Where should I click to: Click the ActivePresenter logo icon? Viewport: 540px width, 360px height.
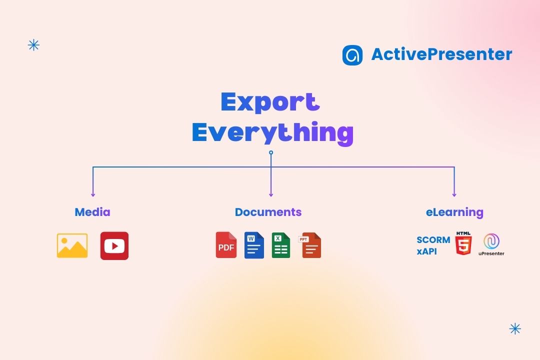pyautogui.click(x=352, y=55)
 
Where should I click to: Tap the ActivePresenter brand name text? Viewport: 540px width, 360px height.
pyautogui.click(x=441, y=54)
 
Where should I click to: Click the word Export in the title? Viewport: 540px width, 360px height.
pyautogui.click(x=270, y=102)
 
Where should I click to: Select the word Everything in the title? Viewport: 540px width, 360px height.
pyautogui.click(x=272, y=132)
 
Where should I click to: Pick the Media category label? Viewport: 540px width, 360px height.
pyautogui.click(x=92, y=212)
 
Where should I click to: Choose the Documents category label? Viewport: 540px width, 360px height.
pyautogui.click(x=268, y=212)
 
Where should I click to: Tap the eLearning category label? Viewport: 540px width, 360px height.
pyautogui.click(x=454, y=212)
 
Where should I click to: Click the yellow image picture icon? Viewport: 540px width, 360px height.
pyautogui.click(x=72, y=245)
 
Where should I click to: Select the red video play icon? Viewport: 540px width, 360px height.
pyautogui.click(x=114, y=245)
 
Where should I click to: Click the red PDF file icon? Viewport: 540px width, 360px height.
pyautogui.click(x=226, y=245)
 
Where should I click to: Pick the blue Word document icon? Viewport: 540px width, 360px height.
pyautogui.click(x=254, y=245)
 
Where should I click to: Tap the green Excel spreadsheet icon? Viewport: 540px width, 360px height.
pyautogui.click(x=281, y=245)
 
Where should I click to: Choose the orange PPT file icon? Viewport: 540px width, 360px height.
pyautogui.click(x=310, y=245)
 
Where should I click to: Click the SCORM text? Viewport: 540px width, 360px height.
pyautogui.click(x=433, y=240)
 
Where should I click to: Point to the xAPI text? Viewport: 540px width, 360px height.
pyautogui.click(x=426, y=251)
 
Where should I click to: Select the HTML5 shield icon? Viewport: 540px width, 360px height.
pyautogui.click(x=463, y=245)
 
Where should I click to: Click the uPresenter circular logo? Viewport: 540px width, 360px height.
pyautogui.click(x=491, y=241)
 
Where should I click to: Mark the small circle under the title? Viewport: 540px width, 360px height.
pyautogui.click(x=271, y=152)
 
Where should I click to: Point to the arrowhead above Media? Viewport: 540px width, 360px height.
pyautogui.click(x=93, y=194)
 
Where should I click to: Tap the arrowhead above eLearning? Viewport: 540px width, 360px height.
pyautogui.click(x=454, y=194)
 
